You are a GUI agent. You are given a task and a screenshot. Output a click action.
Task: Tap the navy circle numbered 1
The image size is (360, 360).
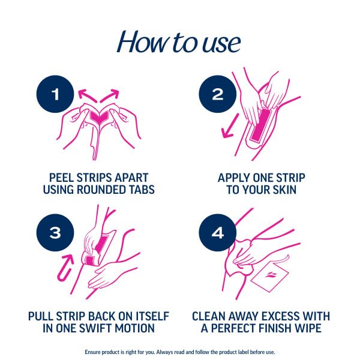click(x=55, y=95)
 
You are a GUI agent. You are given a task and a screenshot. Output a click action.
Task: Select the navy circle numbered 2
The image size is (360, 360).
click(x=218, y=95)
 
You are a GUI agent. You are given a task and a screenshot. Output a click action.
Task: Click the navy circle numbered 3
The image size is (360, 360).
click(x=55, y=232)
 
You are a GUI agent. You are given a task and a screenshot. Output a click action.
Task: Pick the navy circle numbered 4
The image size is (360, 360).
click(x=218, y=232)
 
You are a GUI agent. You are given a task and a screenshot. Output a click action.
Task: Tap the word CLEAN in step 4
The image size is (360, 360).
click(x=211, y=316)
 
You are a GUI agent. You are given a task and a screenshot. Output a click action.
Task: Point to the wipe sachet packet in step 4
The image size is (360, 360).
click(x=270, y=277)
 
